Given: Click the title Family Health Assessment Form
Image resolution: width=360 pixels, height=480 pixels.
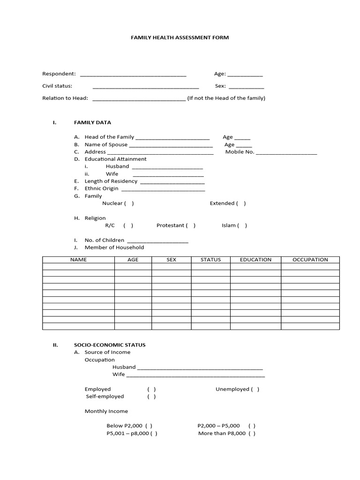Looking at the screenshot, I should tap(180, 37).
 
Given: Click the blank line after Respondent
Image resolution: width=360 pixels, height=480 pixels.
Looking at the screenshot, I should tap(133, 75).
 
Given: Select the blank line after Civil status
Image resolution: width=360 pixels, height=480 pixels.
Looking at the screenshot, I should tap(146, 87).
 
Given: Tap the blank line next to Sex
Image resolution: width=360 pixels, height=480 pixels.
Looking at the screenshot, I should tap(246, 87).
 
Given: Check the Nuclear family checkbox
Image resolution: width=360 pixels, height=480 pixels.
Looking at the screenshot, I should tap(129, 203).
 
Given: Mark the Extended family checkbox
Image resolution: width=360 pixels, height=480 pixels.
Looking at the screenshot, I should tap(241, 203).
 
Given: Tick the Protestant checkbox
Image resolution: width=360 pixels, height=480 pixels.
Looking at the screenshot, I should tap(191, 225).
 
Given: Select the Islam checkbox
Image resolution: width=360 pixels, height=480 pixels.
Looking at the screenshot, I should tap(242, 225).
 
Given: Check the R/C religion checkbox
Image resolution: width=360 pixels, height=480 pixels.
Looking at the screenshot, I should tap(128, 225).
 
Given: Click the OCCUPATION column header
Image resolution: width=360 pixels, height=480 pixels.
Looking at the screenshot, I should tap(310, 260).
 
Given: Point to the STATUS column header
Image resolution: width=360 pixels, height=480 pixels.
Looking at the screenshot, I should tap(210, 260).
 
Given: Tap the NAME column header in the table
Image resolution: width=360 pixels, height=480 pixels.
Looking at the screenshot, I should tap(78, 260).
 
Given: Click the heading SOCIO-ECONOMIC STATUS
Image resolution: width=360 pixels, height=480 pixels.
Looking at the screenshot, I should tap(110, 345).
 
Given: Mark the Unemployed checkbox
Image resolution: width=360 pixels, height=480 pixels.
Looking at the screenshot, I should tap(255, 389).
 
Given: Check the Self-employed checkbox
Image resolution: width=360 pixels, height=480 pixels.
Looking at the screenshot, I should tap(151, 397).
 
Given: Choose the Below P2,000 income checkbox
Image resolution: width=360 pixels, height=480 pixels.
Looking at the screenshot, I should tap(149, 426).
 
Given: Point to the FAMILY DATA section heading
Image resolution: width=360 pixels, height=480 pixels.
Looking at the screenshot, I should tap(92, 123).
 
